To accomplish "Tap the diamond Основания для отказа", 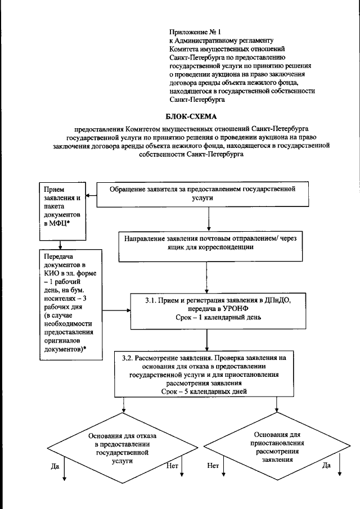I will (x=123, y=448).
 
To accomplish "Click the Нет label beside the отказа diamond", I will (x=173, y=466).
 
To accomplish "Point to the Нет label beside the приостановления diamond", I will (x=213, y=466).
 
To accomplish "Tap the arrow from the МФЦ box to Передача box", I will (x=62, y=239).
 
